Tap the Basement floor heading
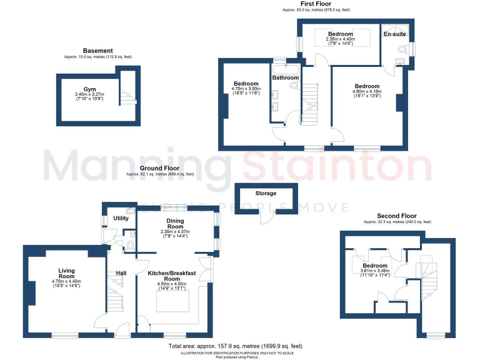click(x=98, y=51)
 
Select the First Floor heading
click(x=315, y=4)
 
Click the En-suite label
click(x=395, y=35)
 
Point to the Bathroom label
click(x=285, y=77)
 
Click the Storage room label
click(x=265, y=193)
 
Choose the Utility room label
click(x=121, y=218)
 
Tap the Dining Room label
click(x=175, y=224)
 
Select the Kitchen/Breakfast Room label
click(x=172, y=277)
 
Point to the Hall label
click(x=121, y=273)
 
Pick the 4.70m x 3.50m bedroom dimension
click(x=246, y=90)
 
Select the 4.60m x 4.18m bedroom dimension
click(x=367, y=92)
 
